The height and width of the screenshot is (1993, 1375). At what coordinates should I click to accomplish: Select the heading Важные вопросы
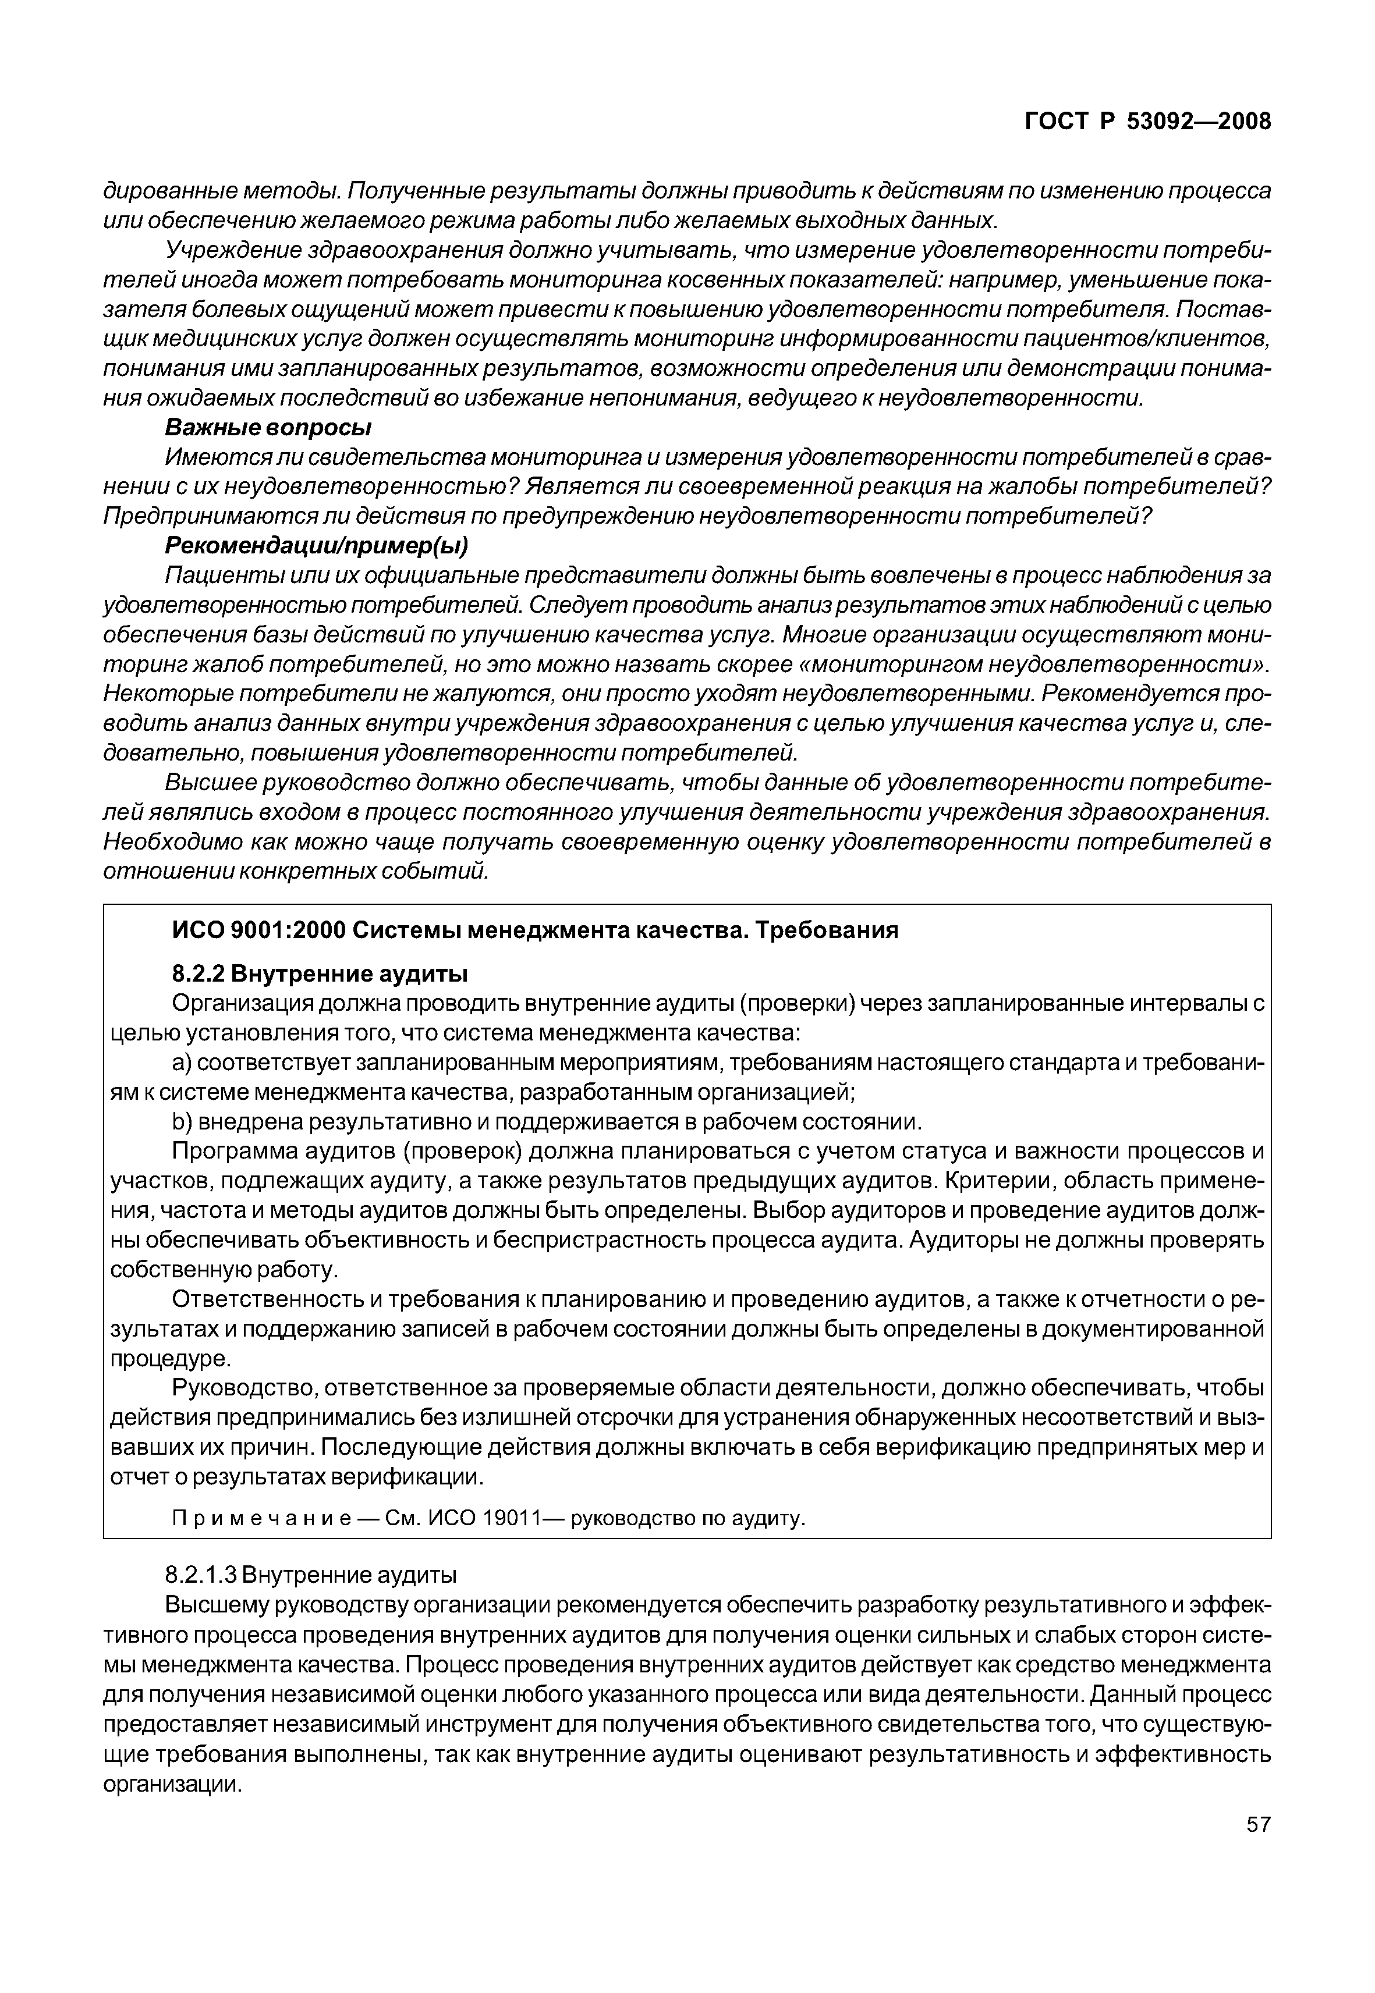(268, 427)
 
